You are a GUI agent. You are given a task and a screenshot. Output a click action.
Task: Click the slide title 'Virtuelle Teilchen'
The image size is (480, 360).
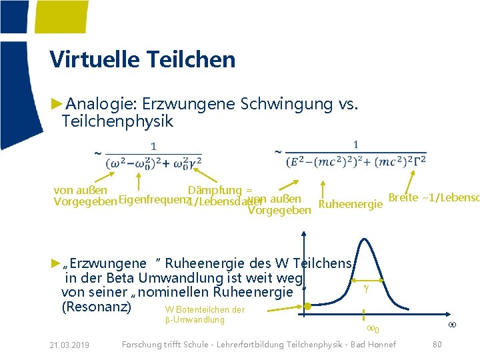(x=142, y=59)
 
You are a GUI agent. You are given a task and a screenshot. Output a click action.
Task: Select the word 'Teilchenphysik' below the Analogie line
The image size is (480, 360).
(x=117, y=121)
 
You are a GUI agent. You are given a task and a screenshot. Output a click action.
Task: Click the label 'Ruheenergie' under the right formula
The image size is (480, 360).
(x=351, y=204)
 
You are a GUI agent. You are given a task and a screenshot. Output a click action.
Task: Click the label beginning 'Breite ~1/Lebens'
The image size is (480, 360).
(x=433, y=198)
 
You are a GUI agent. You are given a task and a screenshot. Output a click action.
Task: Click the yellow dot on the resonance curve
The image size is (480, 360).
(x=307, y=307)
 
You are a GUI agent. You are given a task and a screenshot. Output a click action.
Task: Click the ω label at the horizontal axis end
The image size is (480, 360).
(x=452, y=325)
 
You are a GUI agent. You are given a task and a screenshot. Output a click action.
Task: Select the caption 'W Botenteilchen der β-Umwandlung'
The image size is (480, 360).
(x=205, y=315)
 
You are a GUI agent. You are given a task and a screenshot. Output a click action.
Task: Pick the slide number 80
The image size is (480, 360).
(x=437, y=344)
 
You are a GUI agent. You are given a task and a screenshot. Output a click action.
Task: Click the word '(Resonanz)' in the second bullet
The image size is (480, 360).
(x=96, y=307)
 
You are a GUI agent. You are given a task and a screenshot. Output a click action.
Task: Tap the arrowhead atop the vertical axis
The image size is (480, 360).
(x=304, y=234)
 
